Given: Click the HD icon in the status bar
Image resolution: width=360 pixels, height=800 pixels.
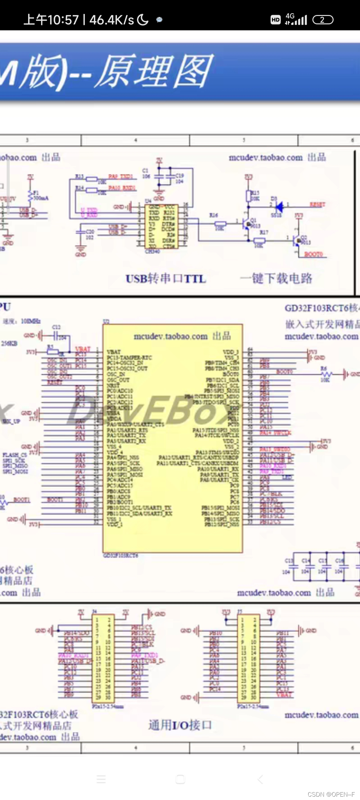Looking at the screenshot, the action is [x=276, y=20].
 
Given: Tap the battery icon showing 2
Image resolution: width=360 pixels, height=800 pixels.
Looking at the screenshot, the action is [x=323, y=20].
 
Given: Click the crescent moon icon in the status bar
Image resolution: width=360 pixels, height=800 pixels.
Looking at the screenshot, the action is [x=143, y=20].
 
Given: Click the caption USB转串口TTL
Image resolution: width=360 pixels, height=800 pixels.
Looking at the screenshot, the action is [x=166, y=278].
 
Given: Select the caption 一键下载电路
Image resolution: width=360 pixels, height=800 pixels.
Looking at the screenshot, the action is [x=276, y=278].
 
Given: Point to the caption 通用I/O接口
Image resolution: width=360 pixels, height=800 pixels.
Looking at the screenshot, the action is [x=180, y=725].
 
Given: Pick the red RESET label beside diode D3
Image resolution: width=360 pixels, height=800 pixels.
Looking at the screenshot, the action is [x=317, y=204].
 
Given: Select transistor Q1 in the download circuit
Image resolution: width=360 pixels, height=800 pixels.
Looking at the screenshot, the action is [x=247, y=224].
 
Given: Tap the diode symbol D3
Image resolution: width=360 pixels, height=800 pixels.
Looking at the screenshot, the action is [x=279, y=207].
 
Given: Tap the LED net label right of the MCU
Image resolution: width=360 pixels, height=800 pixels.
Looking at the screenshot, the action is [x=287, y=478].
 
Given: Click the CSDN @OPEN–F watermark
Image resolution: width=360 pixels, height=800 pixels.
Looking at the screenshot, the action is [x=331, y=794].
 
